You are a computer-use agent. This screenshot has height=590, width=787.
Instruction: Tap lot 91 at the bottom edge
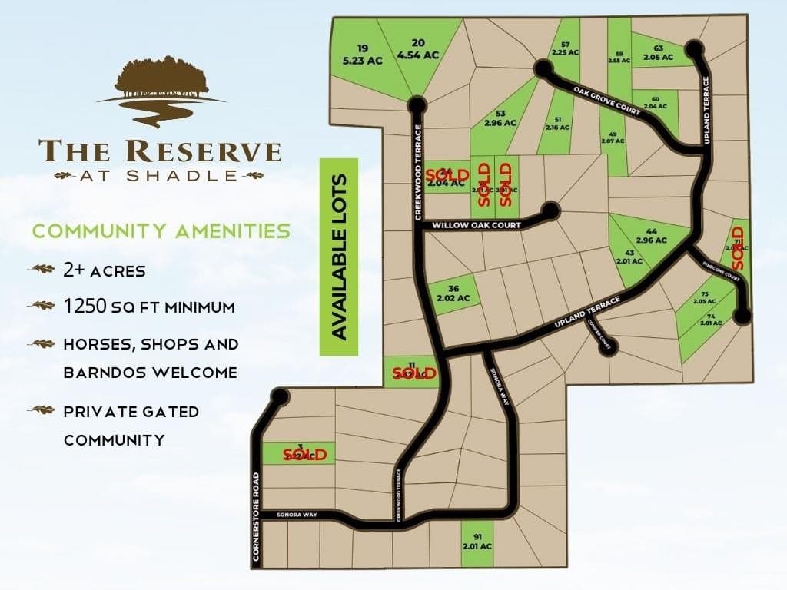477,541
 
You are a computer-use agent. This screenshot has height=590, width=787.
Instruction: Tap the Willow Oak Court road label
477,226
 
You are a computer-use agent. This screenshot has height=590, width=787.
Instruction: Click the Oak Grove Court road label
607,101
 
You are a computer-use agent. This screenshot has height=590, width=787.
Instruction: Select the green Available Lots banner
339,257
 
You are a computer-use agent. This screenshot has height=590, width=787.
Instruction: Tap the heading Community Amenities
161,230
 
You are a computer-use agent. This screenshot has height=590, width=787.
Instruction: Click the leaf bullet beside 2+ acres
41,270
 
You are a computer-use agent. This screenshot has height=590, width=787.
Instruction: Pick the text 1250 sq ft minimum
149,307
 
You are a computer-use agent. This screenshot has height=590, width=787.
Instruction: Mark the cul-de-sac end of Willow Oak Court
550,210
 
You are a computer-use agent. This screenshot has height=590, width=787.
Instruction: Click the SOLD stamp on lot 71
739,247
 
